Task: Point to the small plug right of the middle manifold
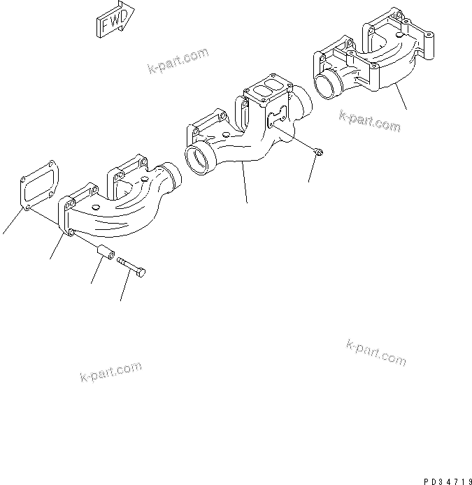pos(317,152)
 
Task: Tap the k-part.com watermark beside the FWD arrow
pos(179,61)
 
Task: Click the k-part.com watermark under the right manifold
pos(370,120)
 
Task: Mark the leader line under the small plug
pos(312,169)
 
